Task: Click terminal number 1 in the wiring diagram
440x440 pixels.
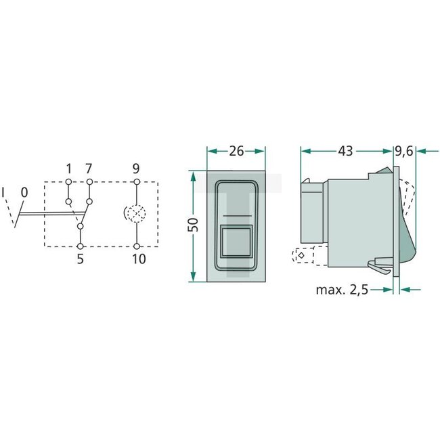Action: [x=69, y=168]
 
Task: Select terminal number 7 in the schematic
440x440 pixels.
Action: [x=89, y=168]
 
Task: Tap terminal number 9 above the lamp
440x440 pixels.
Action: [x=137, y=168]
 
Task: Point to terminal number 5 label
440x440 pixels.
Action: [x=80, y=259]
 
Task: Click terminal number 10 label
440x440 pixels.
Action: [x=137, y=259]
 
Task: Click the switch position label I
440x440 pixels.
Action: [x=4, y=192]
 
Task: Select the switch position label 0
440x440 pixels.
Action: [x=24, y=192]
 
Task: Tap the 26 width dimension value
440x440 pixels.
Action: [x=236, y=152]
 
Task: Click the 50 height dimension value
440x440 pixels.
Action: [x=192, y=225]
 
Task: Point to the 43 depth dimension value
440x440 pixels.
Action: [x=345, y=152]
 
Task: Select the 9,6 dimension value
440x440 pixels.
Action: [x=404, y=152]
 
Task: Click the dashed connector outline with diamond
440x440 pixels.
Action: [x=301, y=255]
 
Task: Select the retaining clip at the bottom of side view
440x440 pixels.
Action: [x=380, y=267]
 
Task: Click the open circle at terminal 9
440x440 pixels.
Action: [x=137, y=181]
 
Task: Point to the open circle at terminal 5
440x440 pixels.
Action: [x=80, y=246]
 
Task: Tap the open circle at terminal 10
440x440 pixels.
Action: [x=137, y=246]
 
